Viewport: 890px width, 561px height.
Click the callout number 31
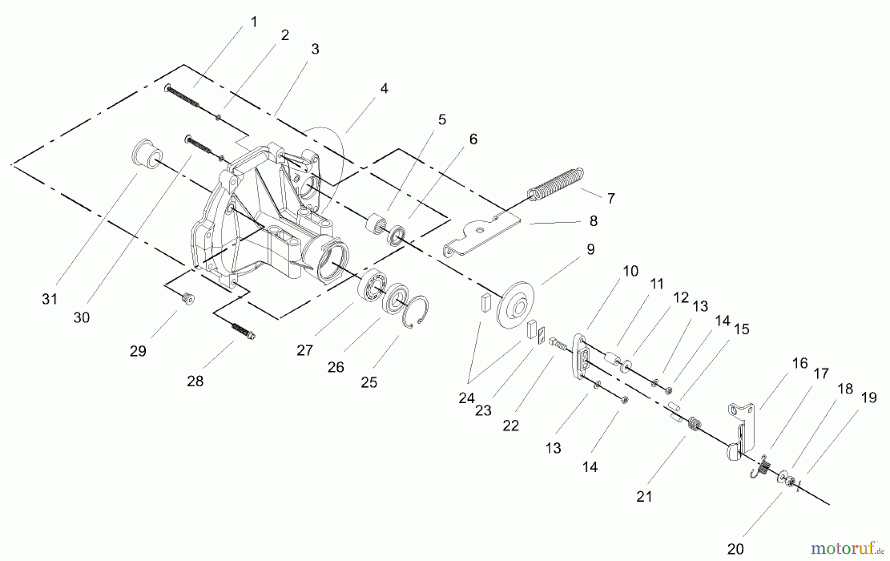[49, 299]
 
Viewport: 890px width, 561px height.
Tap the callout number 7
[611, 198]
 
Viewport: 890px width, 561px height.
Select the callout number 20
[735, 549]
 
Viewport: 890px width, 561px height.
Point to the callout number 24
[466, 397]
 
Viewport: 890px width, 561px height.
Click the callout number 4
[384, 89]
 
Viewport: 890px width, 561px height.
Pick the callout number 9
[590, 249]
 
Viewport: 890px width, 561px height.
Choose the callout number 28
[195, 381]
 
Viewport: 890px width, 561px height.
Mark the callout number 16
[800, 363]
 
